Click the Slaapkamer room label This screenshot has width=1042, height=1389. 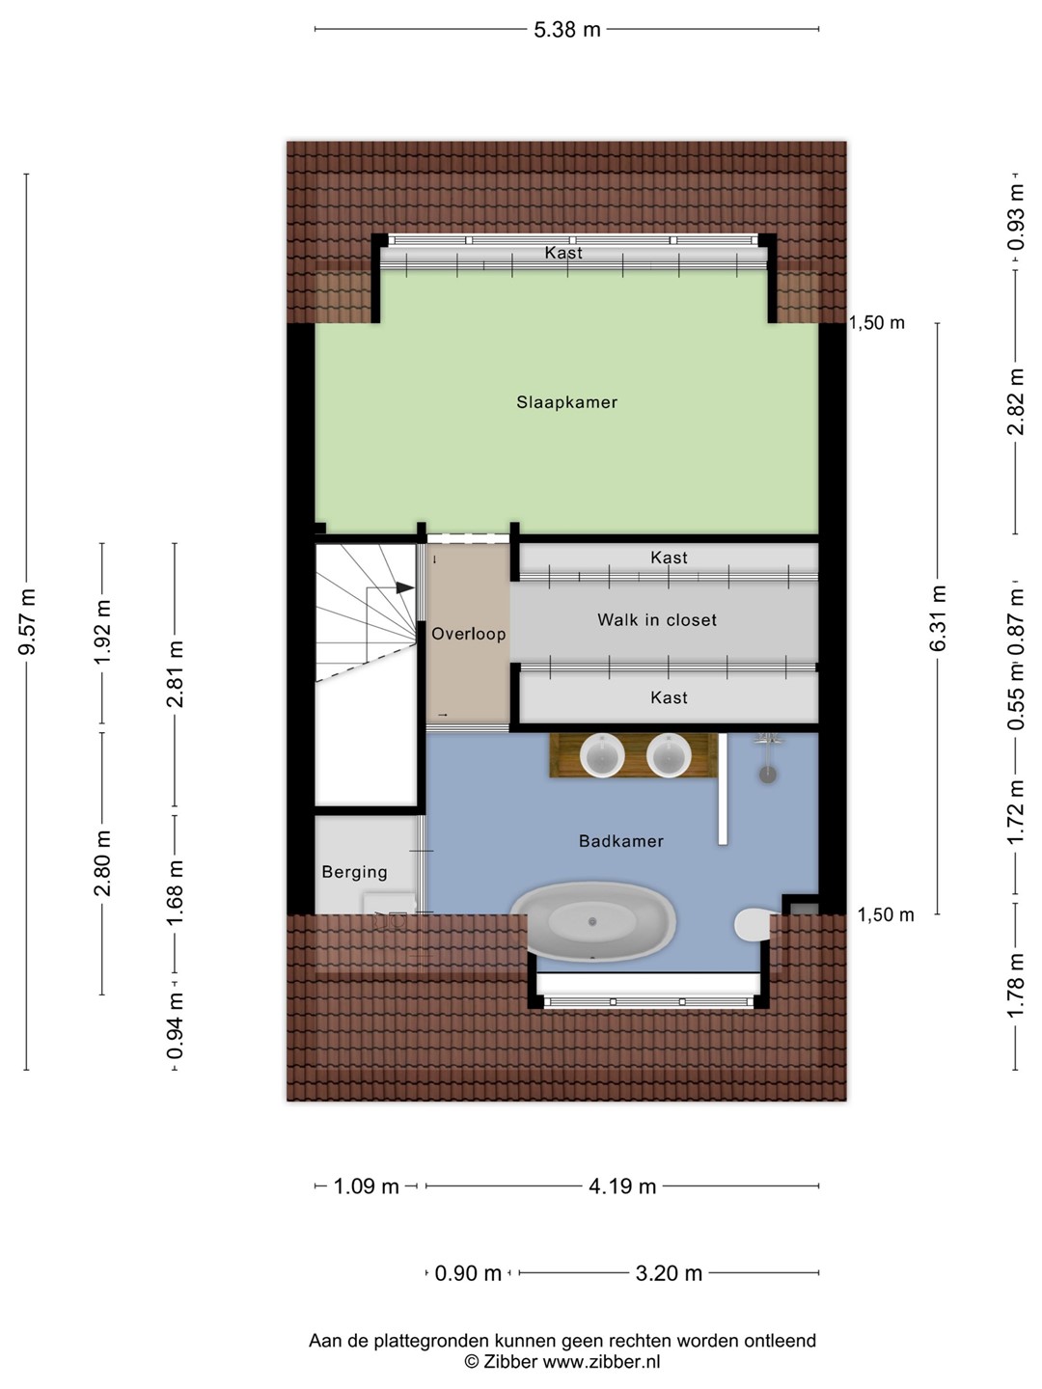click(x=566, y=402)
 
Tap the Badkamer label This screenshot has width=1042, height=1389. click(x=621, y=841)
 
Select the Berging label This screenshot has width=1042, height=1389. click(x=354, y=872)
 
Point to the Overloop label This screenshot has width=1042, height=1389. click(x=468, y=634)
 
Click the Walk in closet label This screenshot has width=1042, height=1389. click(x=657, y=619)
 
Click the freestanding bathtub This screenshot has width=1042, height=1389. click(x=592, y=921)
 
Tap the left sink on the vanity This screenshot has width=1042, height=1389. click(x=602, y=755)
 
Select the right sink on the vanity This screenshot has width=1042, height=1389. click(x=669, y=755)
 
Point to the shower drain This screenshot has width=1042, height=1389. click(x=767, y=775)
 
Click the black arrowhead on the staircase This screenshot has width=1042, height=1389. click(x=405, y=587)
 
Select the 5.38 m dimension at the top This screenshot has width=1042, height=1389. click(x=567, y=30)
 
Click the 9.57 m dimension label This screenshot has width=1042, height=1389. click(x=29, y=621)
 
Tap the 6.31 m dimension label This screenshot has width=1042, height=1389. click(x=939, y=618)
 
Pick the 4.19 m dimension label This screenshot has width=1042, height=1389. click(x=622, y=1186)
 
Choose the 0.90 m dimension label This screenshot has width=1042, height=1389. click(x=468, y=1273)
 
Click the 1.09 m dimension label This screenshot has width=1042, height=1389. click(x=366, y=1186)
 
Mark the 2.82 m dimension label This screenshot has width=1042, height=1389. click(x=1015, y=402)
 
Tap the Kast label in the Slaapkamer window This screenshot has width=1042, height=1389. click(x=563, y=253)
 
